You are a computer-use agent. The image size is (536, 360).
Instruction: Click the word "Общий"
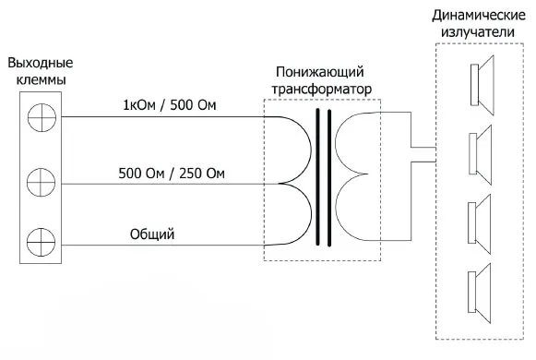152,234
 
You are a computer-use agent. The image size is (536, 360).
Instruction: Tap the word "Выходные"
40,64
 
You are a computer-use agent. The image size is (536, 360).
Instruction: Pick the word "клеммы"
40,80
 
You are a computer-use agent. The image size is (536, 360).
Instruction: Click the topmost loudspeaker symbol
481,81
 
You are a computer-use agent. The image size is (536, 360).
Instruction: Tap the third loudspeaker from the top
481,217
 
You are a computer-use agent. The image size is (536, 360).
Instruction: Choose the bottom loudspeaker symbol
481,284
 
